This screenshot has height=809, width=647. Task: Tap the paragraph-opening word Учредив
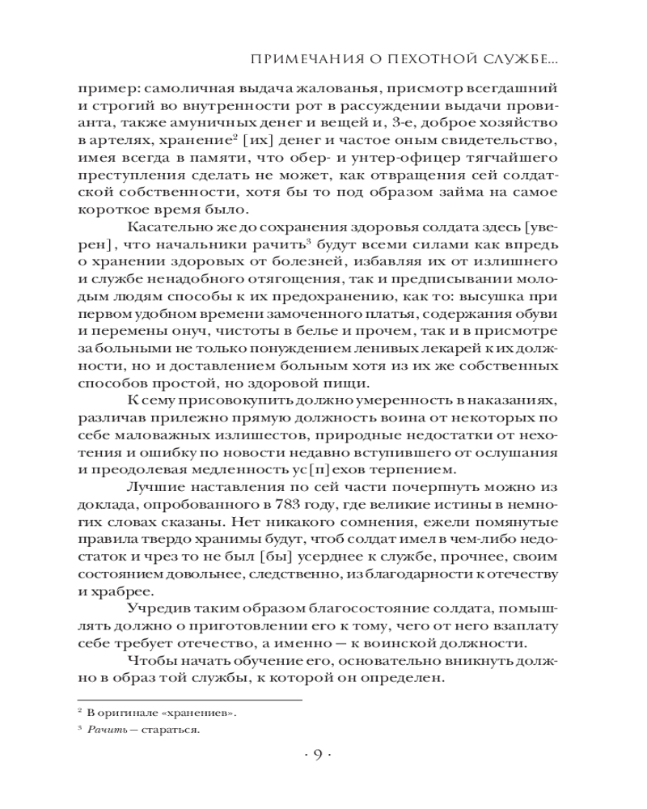[159, 613]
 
